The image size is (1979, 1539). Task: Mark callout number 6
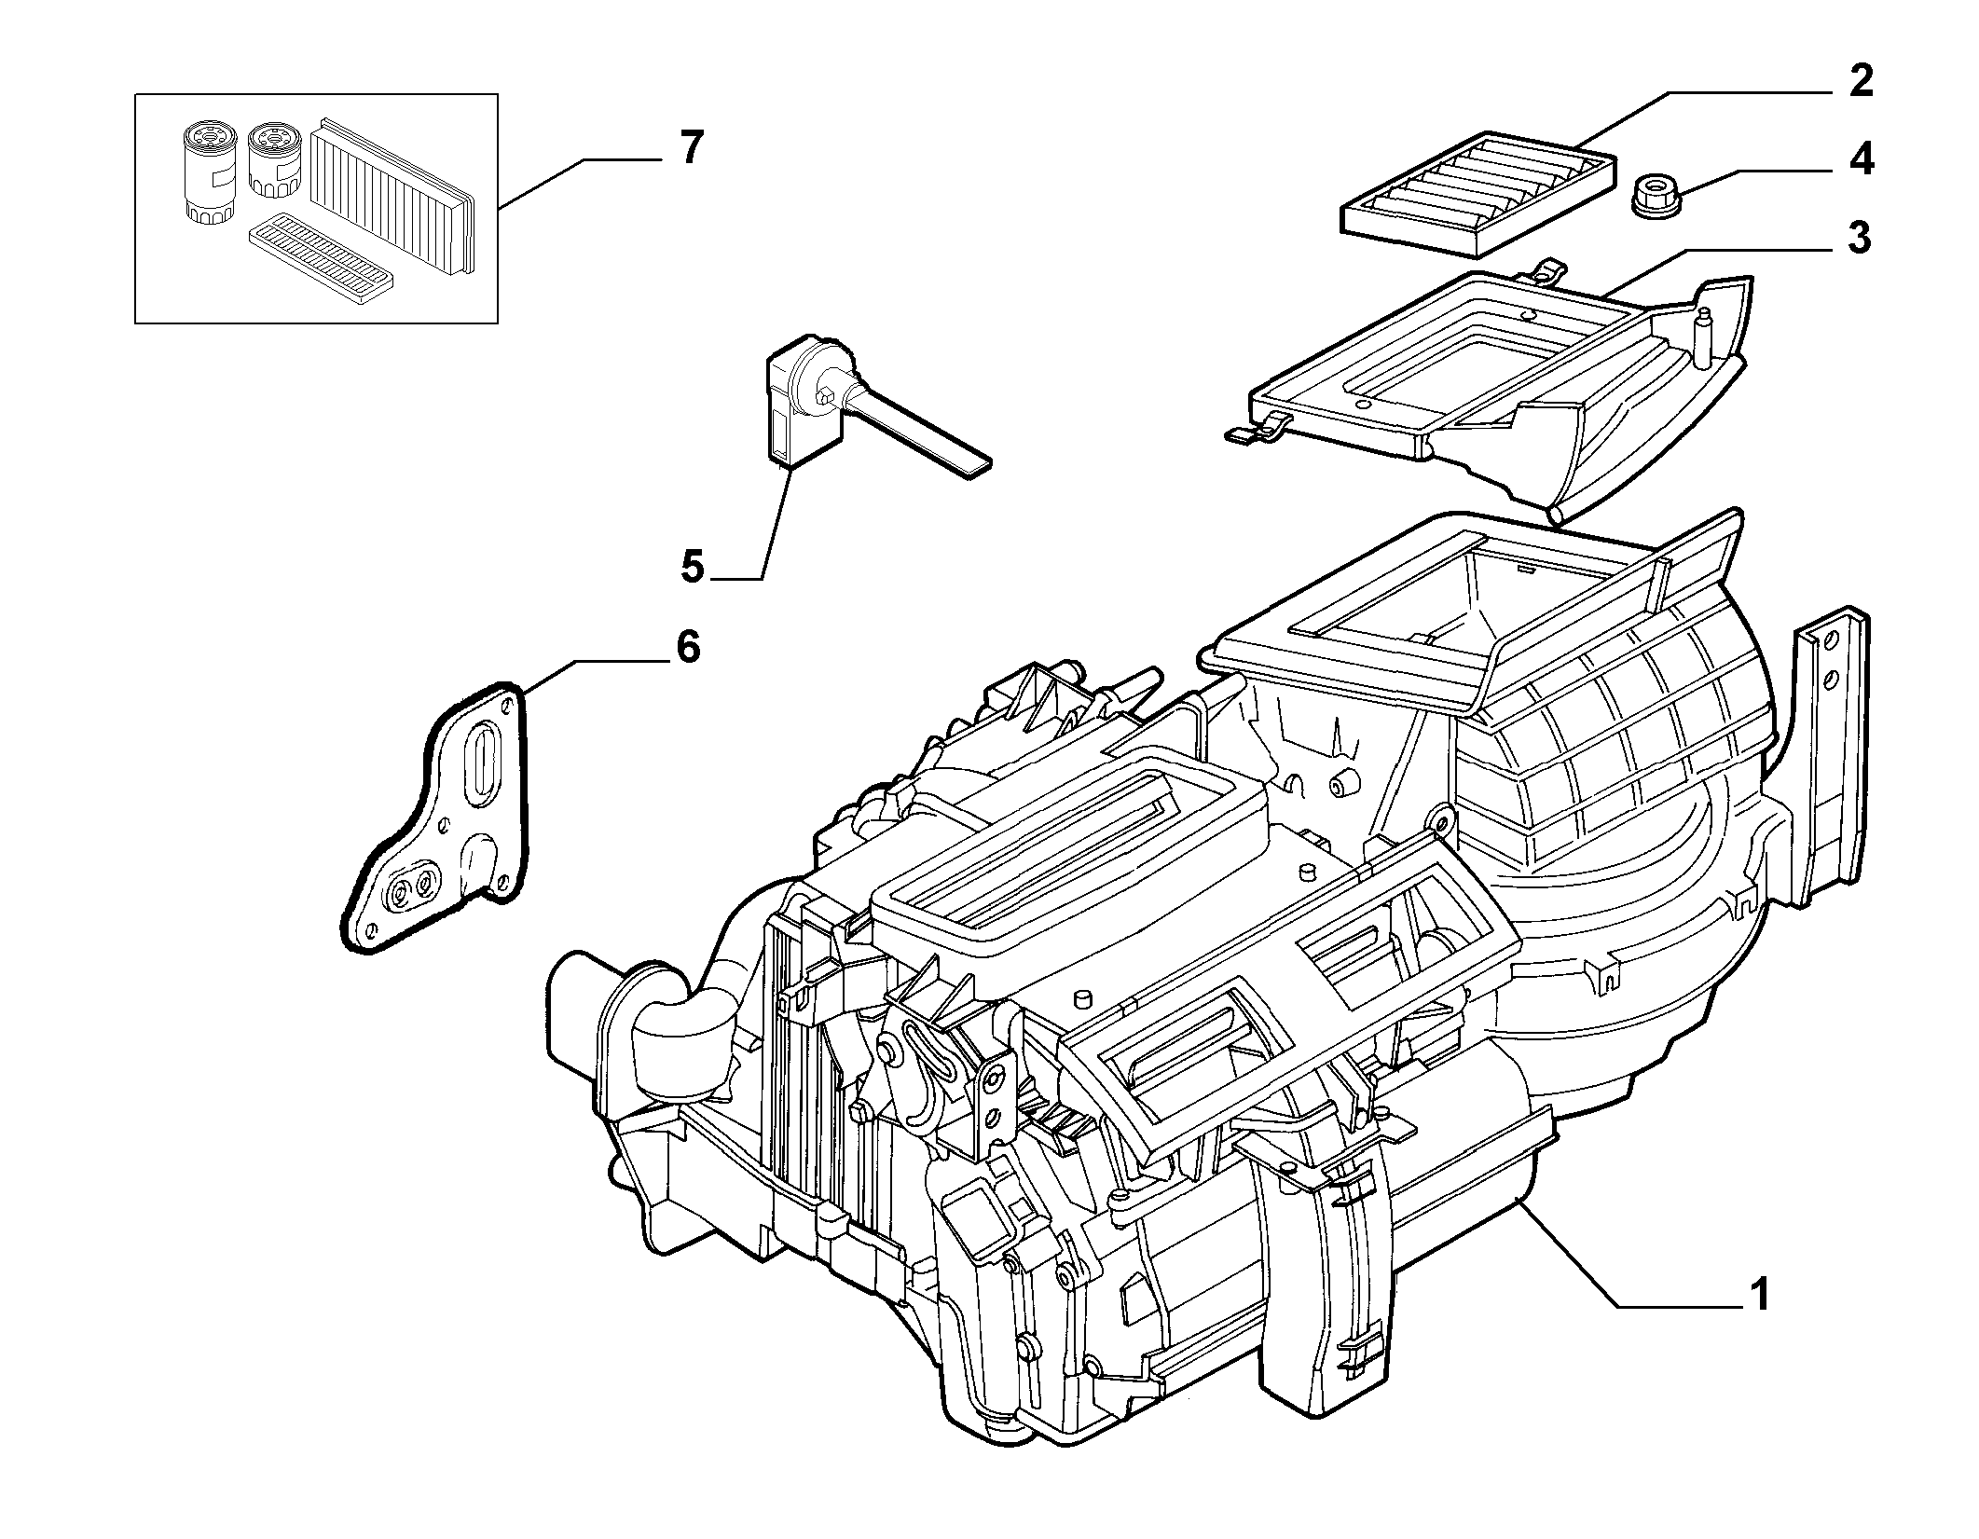click(687, 646)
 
